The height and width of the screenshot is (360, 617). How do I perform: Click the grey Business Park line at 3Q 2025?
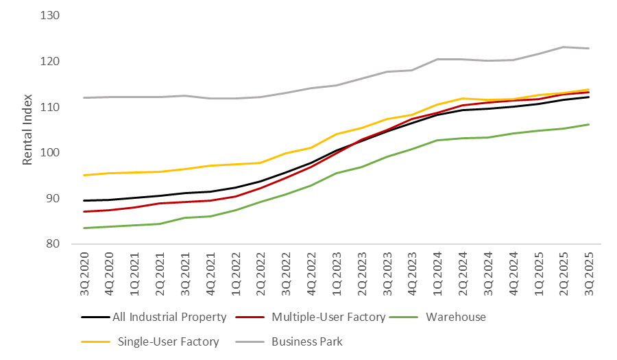589,48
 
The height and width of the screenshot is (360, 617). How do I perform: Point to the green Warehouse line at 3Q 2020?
84,228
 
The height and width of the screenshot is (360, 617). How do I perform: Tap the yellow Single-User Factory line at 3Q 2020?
84,175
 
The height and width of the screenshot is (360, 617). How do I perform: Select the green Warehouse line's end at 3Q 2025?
589,124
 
